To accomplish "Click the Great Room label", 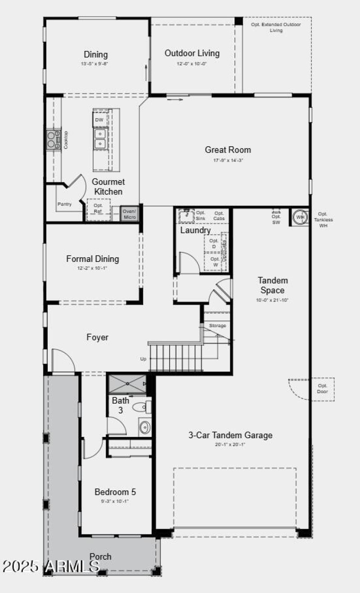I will pyautogui.click(x=228, y=150).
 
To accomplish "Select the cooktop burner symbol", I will pyautogui.click(x=53, y=139).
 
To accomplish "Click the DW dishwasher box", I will pyautogui.click(x=99, y=120).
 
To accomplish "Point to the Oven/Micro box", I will pyautogui.click(x=130, y=214).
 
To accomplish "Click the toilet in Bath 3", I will pyautogui.click(x=142, y=407).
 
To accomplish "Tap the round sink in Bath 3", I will pyautogui.click(x=144, y=427).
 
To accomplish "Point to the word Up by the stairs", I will pyautogui.click(x=143, y=359).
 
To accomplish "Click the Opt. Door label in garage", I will pyautogui.click(x=323, y=389).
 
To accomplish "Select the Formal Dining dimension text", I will pyautogui.click(x=93, y=268).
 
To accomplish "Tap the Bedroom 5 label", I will pyautogui.click(x=115, y=492).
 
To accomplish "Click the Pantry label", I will pyautogui.click(x=64, y=204).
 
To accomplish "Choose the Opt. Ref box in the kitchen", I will pyautogui.click(x=98, y=208).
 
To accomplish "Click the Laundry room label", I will pyautogui.click(x=195, y=230).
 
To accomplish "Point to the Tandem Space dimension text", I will pyautogui.click(x=273, y=300).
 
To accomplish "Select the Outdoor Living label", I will pyautogui.click(x=192, y=53).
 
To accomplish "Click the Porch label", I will pyautogui.click(x=100, y=557).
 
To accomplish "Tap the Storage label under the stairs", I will pyautogui.click(x=217, y=326).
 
